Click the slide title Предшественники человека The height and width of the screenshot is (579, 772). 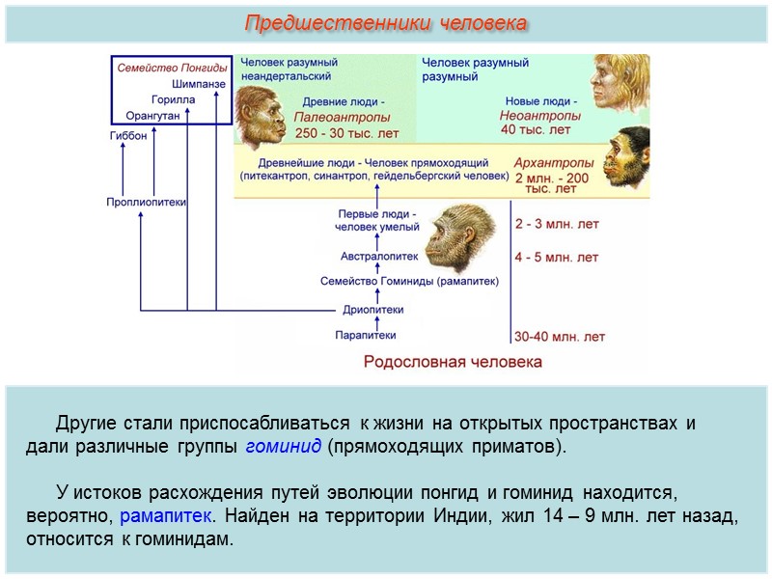386,22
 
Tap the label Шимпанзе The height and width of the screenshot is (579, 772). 200,84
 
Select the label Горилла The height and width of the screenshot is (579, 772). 174,99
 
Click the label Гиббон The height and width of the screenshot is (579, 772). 127,136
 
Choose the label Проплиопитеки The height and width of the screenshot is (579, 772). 146,202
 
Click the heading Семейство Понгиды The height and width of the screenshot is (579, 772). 172,68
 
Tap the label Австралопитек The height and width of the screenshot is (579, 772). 379,257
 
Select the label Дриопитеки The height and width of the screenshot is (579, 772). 372,310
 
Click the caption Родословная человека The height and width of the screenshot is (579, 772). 452,362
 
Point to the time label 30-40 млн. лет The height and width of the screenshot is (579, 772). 560,337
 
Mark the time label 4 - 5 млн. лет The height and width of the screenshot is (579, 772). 557,258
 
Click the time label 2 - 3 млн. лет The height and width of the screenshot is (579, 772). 557,224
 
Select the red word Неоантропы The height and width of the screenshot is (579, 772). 539,115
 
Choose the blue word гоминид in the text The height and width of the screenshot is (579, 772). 283,448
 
